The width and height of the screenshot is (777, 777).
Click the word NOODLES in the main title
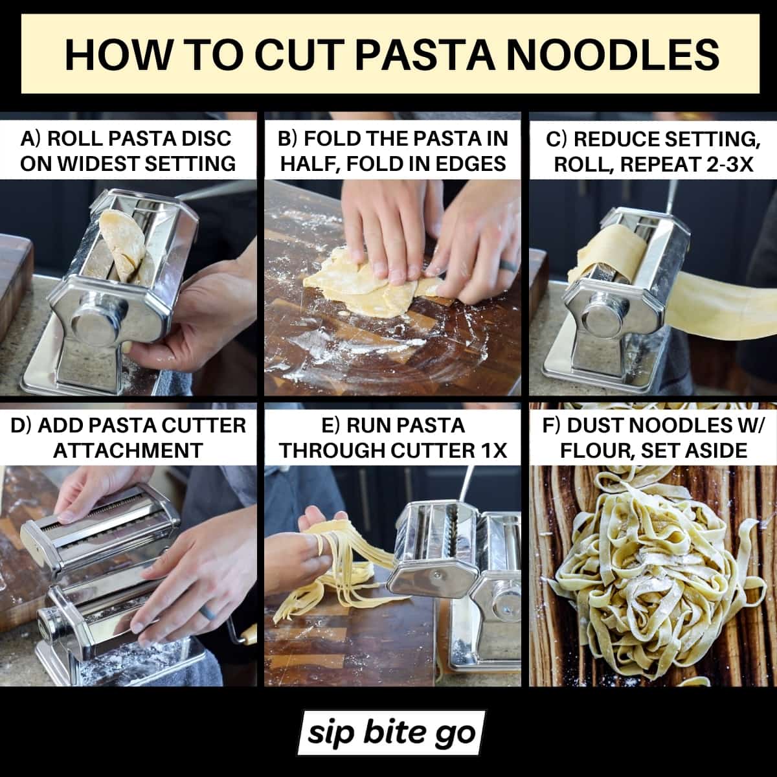[613, 55]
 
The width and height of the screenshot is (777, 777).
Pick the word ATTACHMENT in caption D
[128, 451]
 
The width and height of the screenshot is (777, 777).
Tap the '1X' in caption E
[495, 451]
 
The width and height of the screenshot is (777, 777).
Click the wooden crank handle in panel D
[246, 635]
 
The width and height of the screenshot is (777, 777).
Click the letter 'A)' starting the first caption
[32, 139]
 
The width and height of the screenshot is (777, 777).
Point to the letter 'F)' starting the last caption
[551, 426]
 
